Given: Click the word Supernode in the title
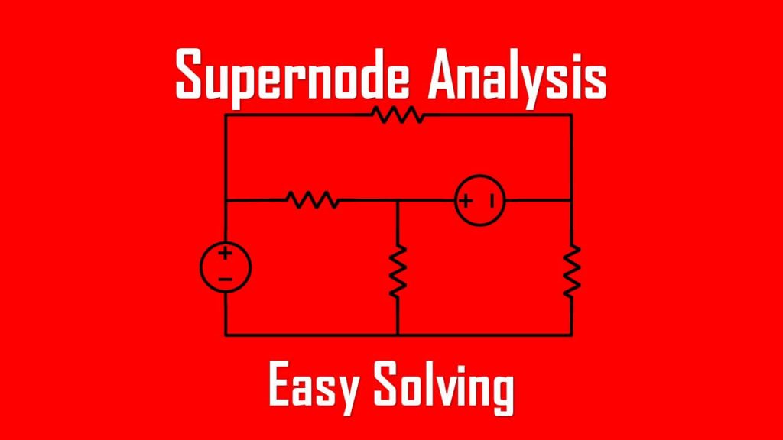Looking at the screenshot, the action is tap(292, 74).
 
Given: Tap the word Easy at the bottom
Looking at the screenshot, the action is tap(314, 386).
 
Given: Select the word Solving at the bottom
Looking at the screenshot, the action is tap(444, 387).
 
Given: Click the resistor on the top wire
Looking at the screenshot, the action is tap(398, 115).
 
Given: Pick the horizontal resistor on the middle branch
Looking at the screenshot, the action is tap(313, 200).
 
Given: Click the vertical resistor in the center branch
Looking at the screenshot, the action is tap(398, 271).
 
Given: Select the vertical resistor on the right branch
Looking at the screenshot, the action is tap(572, 271).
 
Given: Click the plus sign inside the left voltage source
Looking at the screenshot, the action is tap(226, 253).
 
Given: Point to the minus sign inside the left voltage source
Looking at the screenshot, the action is tap(226, 280).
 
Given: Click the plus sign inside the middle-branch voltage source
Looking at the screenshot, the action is tap(466, 201).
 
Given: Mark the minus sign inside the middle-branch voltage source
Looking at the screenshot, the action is tap(492, 201).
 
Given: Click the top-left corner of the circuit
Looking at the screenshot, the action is tap(226, 115).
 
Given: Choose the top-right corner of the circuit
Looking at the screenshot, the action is tap(572, 115).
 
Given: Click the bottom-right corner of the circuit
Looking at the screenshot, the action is tap(572, 335).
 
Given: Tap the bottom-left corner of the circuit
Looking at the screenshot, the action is tap(226, 335).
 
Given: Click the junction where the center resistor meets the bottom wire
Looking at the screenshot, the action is tap(398, 335).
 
